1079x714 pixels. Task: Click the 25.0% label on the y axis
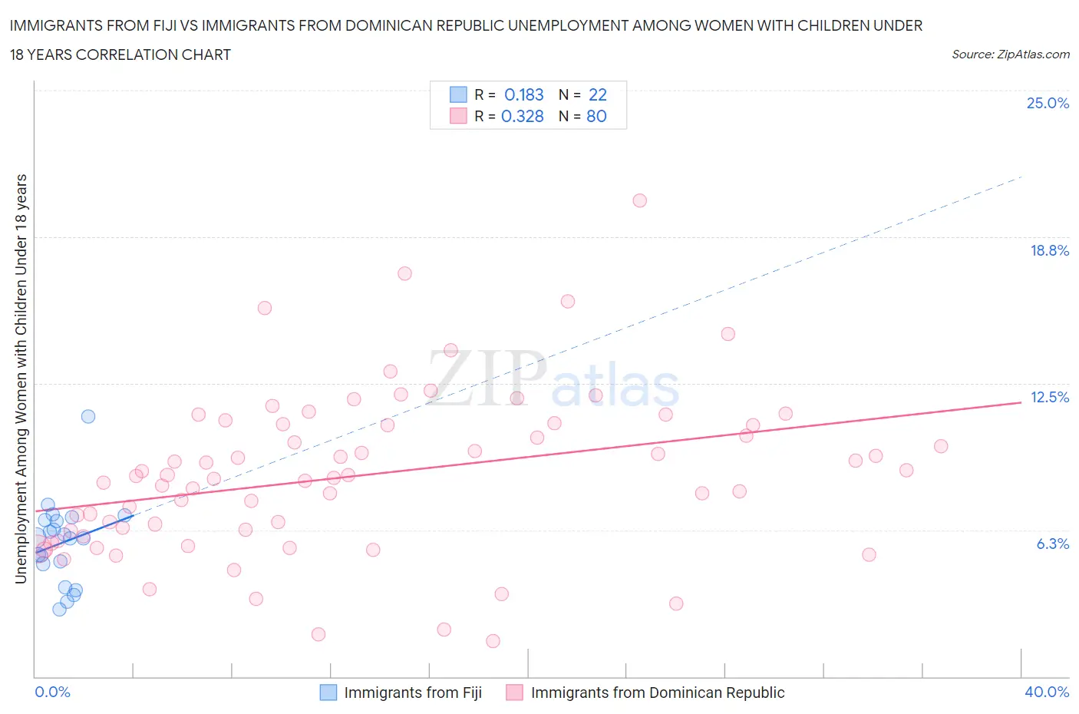click(x=1048, y=104)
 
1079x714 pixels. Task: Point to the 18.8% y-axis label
click(x=1049, y=251)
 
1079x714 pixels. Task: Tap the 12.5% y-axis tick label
click(x=1049, y=398)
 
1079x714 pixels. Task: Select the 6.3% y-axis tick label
click(x=1053, y=544)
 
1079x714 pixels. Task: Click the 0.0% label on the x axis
click(x=52, y=693)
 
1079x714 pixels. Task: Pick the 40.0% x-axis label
click(x=1047, y=693)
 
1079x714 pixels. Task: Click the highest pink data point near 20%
click(x=639, y=200)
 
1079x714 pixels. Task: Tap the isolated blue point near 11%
click(x=88, y=416)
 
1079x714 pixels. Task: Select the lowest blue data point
click(x=59, y=609)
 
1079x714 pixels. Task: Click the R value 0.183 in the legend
click(x=523, y=94)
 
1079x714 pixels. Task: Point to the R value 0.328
click(x=522, y=116)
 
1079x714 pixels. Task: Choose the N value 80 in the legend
click(x=596, y=116)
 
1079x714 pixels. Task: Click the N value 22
click(x=597, y=94)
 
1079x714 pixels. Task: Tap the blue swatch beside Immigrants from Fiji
click(x=328, y=693)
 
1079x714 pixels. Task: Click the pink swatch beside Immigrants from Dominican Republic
click(x=514, y=693)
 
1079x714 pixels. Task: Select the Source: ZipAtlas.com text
click(x=1010, y=55)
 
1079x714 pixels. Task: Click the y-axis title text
click(x=21, y=378)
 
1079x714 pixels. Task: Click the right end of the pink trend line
click(x=1021, y=402)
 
